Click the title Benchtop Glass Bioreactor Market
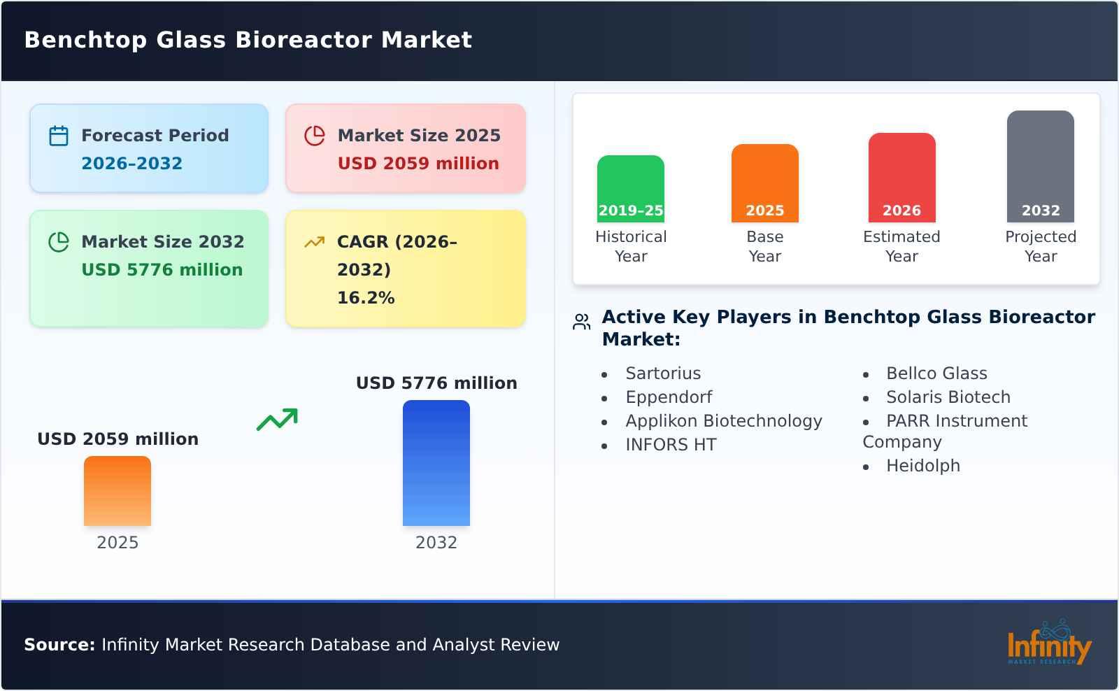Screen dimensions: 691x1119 click(248, 40)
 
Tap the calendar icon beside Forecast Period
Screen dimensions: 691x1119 click(59, 136)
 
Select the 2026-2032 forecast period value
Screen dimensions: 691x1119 click(131, 164)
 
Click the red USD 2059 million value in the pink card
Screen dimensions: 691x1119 click(418, 164)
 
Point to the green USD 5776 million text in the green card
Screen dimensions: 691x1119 click(162, 270)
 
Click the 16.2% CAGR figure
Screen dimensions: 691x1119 click(366, 298)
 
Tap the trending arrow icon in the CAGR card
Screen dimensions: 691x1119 click(314, 242)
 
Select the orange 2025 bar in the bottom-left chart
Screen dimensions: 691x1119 click(117, 491)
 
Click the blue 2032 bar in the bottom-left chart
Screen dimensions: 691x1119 click(436, 463)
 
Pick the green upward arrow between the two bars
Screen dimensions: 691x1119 click(277, 420)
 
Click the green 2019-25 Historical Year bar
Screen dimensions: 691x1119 click(630, 188)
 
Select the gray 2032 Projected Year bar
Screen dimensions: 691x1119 click(1040, 166)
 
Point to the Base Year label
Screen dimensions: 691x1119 click(764, 246)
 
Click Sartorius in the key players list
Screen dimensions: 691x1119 click(663, 373)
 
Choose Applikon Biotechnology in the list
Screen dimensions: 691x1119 click(723, 421)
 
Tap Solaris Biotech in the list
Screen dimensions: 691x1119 click(948, 397)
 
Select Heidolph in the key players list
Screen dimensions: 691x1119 click(922, 466)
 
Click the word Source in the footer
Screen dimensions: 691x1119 click(59, 645)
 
